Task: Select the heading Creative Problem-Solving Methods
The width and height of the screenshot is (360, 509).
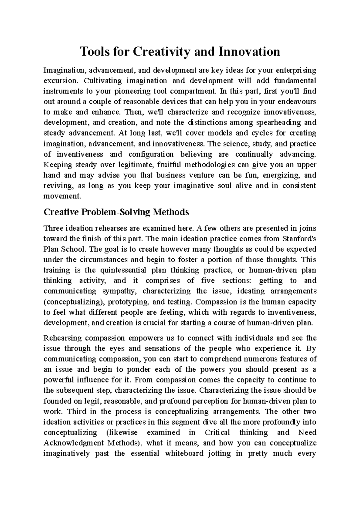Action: pos(116,212)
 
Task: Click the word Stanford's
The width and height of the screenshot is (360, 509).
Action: pos(299,239)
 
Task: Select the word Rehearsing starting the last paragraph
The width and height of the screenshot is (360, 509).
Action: pos(62,338)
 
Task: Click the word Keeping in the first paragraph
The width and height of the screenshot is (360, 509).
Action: pos(58,165)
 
